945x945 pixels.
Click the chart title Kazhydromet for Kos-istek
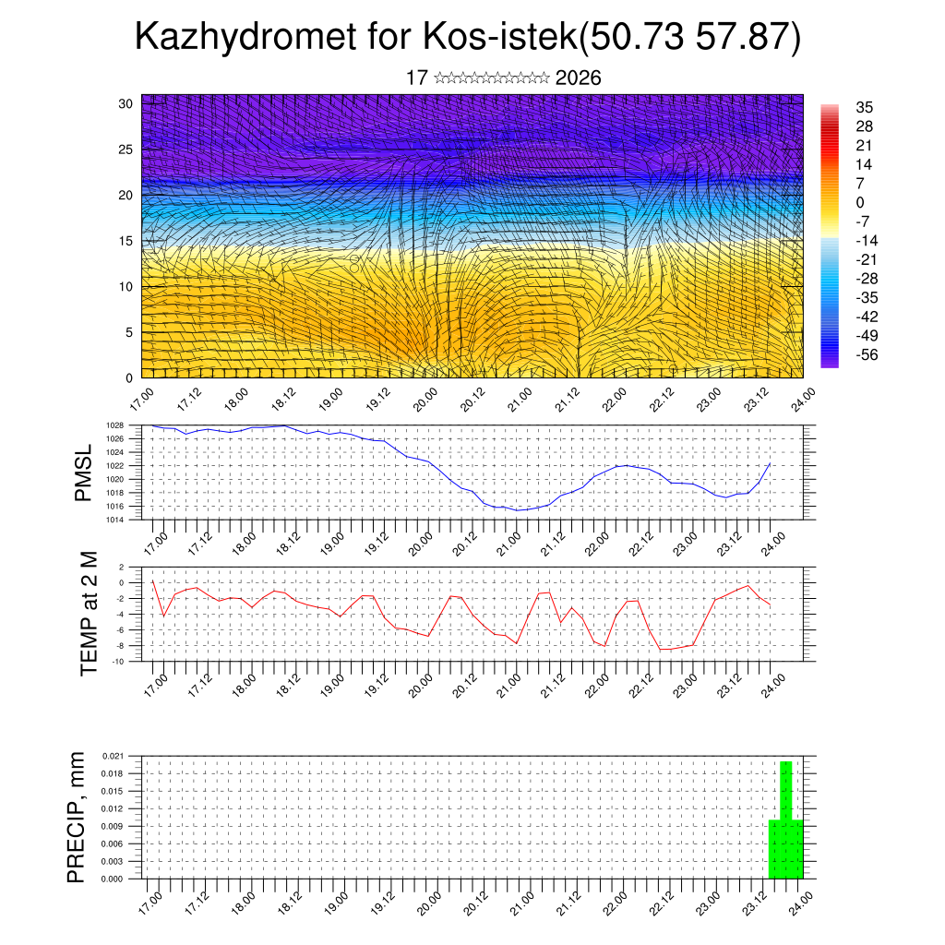point(467,37)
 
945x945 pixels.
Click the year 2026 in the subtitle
point(579,78)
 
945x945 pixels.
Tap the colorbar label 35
point(865,107)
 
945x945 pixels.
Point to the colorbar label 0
point(860,202)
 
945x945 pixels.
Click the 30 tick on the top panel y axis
point(126,103)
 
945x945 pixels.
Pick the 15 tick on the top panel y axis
point(126,241)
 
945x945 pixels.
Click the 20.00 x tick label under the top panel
point(426,399)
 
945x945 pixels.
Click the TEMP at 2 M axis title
point(89,613)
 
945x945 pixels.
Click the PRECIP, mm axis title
point(78,817)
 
